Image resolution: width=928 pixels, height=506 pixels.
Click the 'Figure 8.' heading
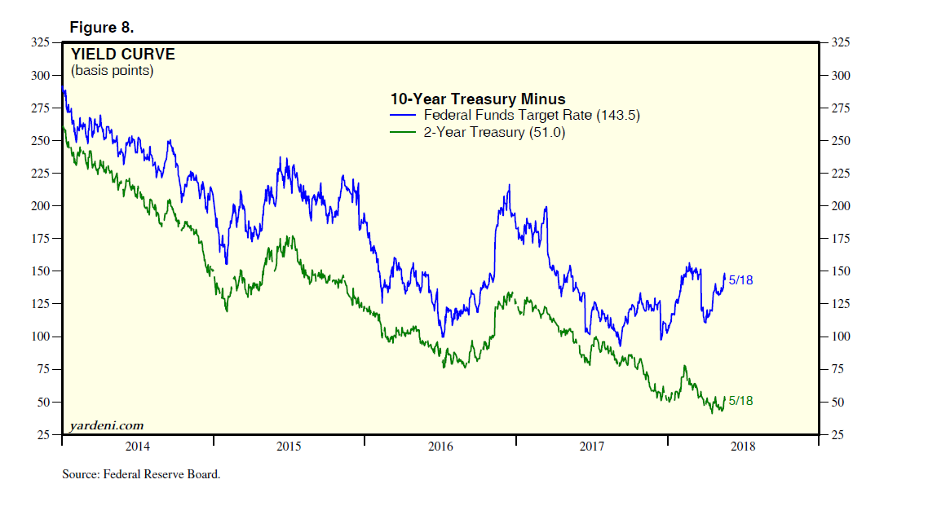(x=102, y=28)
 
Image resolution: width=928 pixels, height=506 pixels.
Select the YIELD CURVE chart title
(x=122, y=55)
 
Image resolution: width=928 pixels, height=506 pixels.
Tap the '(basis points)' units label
(x=112, y=71)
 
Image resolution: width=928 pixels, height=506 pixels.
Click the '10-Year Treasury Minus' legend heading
(x=478, y=99)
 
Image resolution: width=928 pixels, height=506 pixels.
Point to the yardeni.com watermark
(x=107, y=425)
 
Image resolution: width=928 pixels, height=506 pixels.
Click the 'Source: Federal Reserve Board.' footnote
(x=141, y=473)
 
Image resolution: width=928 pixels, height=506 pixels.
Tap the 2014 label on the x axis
(x=137, y=447)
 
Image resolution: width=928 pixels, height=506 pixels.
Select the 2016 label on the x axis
(x=440, y=447)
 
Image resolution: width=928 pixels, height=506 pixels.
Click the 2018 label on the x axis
(x=742, y=447)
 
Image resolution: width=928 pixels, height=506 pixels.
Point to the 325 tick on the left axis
(x=39, y=42)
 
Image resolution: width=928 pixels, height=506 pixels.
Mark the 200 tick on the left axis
(x=39, y=206)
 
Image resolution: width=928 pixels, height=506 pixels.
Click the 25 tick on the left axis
(x=42, y=435)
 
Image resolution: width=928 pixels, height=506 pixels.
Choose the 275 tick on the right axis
(x=840, y=108)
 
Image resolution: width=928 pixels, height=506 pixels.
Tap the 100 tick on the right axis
(x=840, y=337)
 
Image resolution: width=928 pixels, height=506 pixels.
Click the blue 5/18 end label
(x=740, y=280)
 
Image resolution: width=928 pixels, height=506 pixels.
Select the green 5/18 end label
(x=740, y=401)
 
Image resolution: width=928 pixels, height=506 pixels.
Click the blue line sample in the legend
(x=404, y=116)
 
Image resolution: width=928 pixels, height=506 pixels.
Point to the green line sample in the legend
(x=404, y=132)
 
